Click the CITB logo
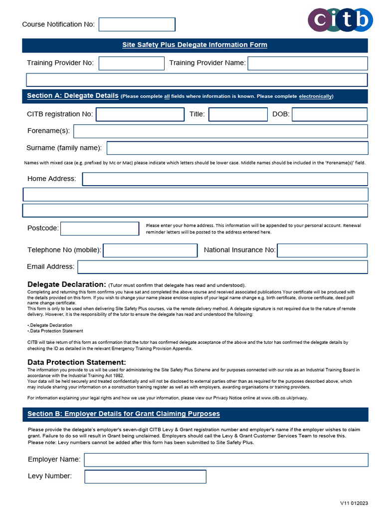pyautogui.click(x=340, y=19)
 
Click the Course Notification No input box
pyautogui.click(x=137, y=24)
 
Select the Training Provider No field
pyautogui.click(x=132, y=63)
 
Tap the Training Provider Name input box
pyautogui.click(x=308, y=63)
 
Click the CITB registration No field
pyautogui.click(x=140, y=114)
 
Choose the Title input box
pyautogui.click(x=238, y=114)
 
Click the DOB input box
pyautogui.click(x=329, y=114)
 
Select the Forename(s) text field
pyautogui.click(x=220, y=131)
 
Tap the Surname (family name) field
pyautogui.click(x=237, y=148)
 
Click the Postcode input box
pyautogui.click(x=100, y=229)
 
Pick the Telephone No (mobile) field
pyautogui.click(x=150, y=251)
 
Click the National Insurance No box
pyautogui.click(x=322, y=251)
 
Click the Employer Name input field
pyautogui.click(x=226, y=460)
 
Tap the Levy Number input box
pyautogui.click(x=145, y=477)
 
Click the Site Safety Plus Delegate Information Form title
pyautogui.click(x=195, y=45)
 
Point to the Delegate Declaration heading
pyautogui.click(x=67, y=284)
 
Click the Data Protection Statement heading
pyautogui.click(x=77, y=362)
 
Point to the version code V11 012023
pyautogui.click(x=354, y=503)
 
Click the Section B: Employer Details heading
pyautogui.click(x=124, y=414)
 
